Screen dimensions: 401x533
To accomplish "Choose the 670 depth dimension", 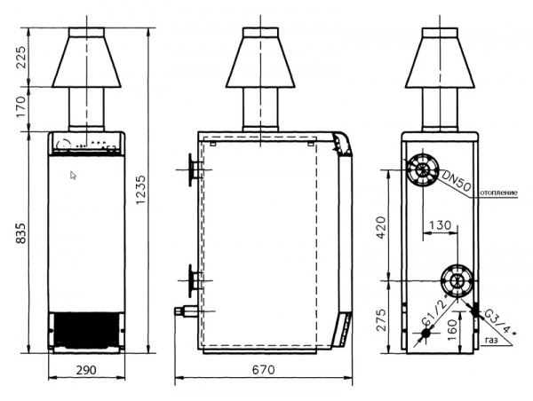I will pos(263,371).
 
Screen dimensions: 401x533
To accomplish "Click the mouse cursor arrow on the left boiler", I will pos(75,176).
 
